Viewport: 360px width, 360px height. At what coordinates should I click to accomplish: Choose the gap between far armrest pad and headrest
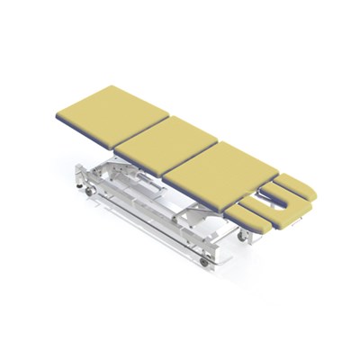(x=286, y=184)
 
